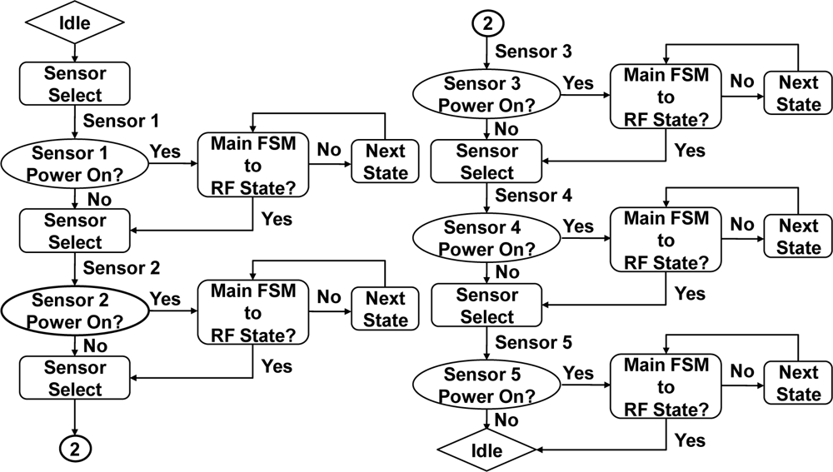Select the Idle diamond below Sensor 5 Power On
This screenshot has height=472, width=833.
click(x=486, y=450)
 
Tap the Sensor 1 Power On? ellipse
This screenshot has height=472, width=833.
click(x=73, y=164)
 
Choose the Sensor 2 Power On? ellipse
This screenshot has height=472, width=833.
click(x=73, y=311)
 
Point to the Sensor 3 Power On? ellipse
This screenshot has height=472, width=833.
click(x=486, y=95)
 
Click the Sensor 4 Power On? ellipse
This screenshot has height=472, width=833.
click(x=486, y=238)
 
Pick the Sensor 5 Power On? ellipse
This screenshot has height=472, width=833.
click(x=486, y=385)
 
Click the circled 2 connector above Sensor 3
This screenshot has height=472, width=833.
click(x=486, y=23)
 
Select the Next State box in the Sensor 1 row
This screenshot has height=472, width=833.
click(x=386, y=162)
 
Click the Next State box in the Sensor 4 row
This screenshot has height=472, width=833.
click(x=798, y=237)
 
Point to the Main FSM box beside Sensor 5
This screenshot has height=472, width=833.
click(x=666, y=387)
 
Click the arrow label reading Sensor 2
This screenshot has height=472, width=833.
click(x=122, y=268)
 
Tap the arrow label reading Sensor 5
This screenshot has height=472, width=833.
click(x=533, y=343)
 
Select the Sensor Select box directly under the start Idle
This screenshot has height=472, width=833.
click(x=74, y=84)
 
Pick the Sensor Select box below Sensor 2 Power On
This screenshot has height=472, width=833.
click(x=73, y=378)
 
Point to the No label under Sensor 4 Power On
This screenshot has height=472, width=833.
click(x=506, y=272)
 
